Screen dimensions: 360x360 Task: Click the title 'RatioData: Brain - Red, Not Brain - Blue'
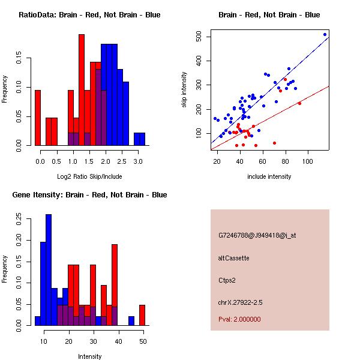point(89,15)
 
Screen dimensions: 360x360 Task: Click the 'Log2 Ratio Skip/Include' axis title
point(89,176)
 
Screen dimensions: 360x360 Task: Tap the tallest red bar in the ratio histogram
point(82,90)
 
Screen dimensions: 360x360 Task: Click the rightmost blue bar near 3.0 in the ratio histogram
point(139,139)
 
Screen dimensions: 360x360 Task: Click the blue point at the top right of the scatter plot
point(325,35)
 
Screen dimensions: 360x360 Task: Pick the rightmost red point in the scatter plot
point(299,103)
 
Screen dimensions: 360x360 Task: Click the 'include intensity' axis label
point(269,176)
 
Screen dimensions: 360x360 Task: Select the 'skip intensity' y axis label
point(185,90)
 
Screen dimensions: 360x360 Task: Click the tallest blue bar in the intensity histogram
point(49,270)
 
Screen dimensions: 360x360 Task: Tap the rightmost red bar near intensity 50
point(142,315)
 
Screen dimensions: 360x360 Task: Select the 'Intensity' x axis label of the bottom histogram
point(89,356)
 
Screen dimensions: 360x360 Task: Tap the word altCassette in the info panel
point(233,258)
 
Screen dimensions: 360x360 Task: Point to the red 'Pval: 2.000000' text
point(239,319)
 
